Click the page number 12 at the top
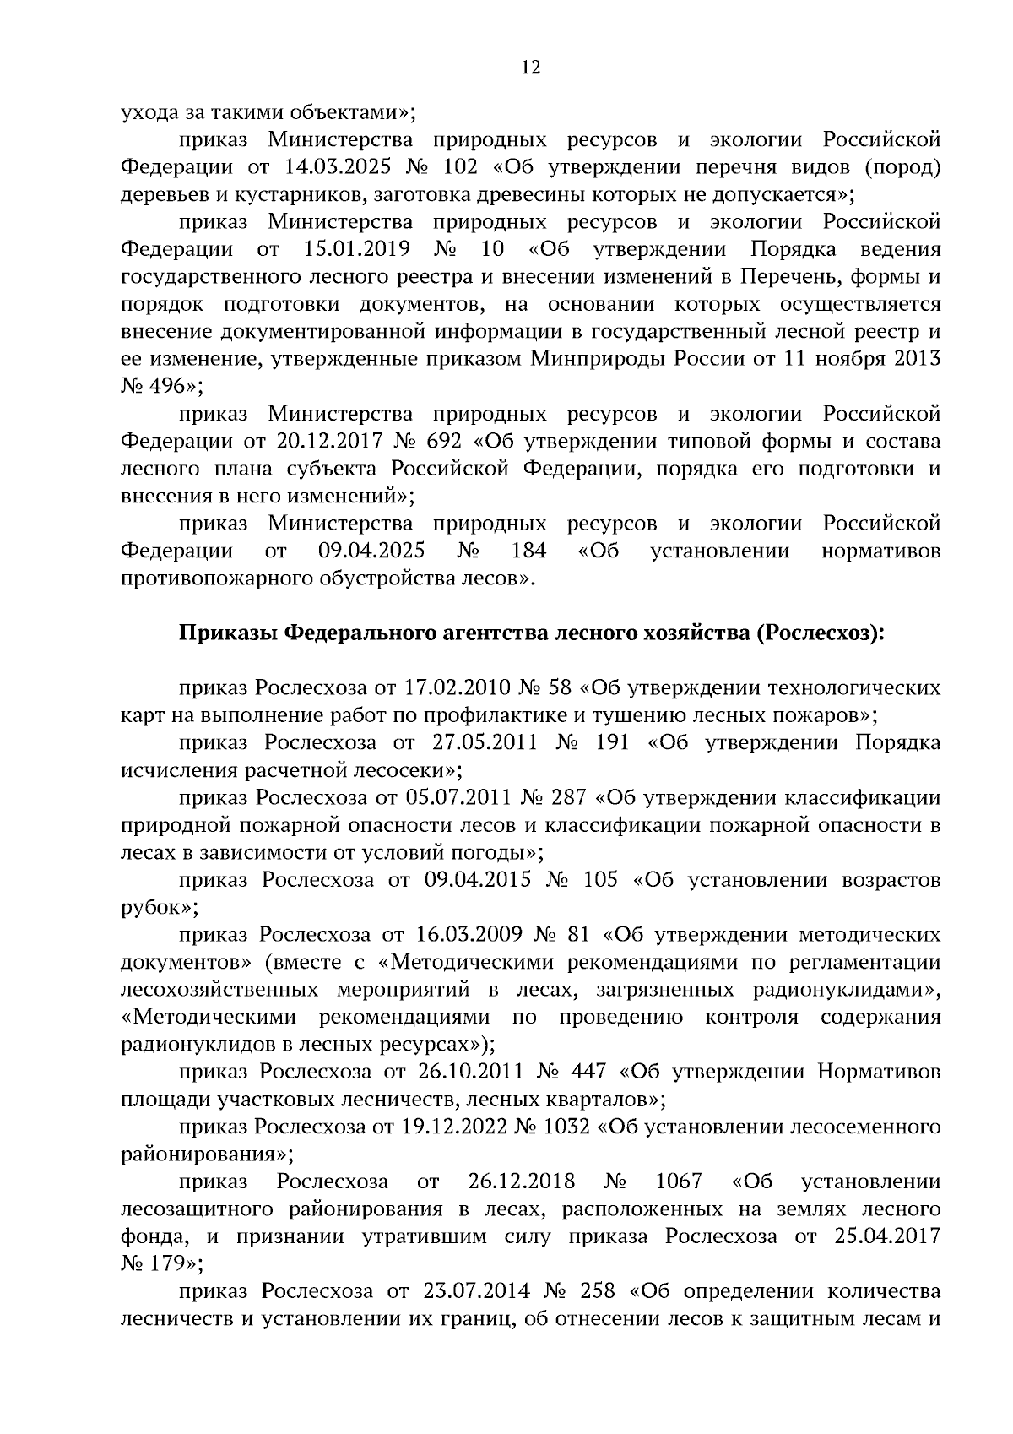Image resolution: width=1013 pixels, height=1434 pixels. (530, 68)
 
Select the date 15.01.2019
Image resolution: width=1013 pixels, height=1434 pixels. (355, 249)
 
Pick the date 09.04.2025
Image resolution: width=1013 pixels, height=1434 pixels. (371, 551)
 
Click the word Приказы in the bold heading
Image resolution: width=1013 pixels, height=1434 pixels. (225, 633)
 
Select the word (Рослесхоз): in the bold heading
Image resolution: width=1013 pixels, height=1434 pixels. (815, 633)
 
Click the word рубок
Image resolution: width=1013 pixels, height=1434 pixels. (155, 908)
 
